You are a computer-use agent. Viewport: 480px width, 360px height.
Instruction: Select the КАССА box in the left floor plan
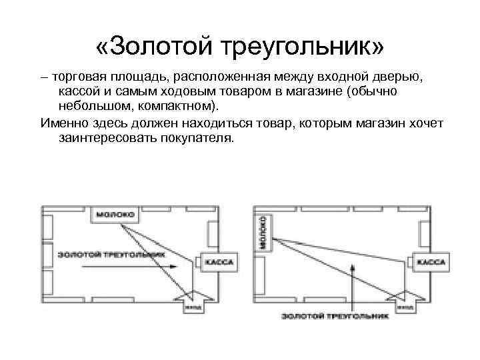(218, 262)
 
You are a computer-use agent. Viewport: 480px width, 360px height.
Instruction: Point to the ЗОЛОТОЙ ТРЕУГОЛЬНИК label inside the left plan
(101, 254)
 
